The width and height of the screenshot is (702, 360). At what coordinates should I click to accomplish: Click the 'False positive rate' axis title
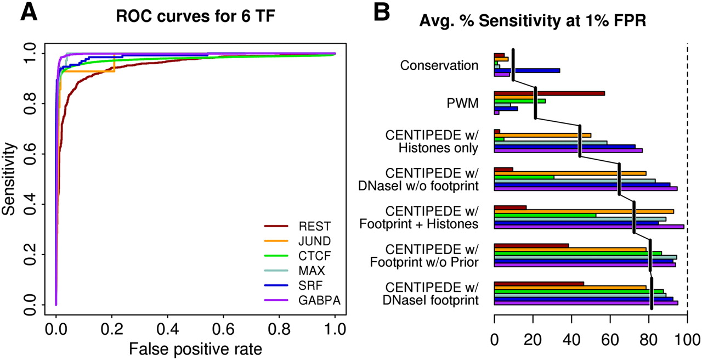195,348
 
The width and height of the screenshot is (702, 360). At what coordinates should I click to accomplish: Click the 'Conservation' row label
439,66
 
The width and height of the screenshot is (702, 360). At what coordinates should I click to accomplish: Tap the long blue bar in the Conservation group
527,70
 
